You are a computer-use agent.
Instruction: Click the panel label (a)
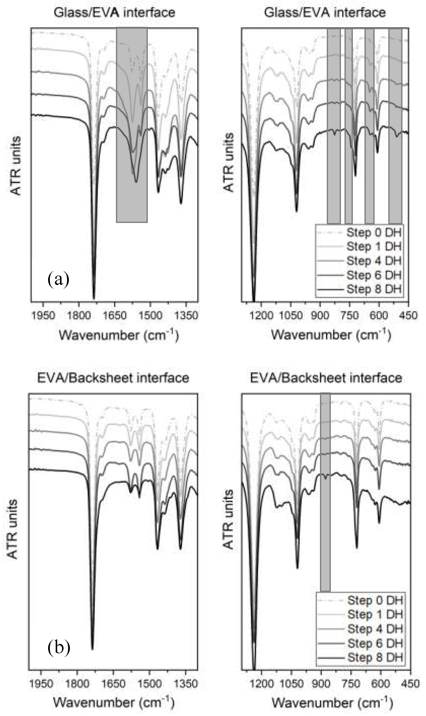[x=58, y=280]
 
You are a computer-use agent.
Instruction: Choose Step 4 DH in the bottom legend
[x=375, y=629]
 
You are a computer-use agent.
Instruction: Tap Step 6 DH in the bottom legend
[x=375, y=643]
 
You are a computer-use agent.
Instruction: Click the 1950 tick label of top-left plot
[x=43, y=316]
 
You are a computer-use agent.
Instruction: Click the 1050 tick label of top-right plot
[x=291, y=316]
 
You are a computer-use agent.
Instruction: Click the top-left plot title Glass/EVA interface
[x=114, y=13]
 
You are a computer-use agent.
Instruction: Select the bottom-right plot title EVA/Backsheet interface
[x=326, y=378]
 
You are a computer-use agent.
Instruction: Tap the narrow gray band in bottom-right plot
[x=325, y=530]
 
